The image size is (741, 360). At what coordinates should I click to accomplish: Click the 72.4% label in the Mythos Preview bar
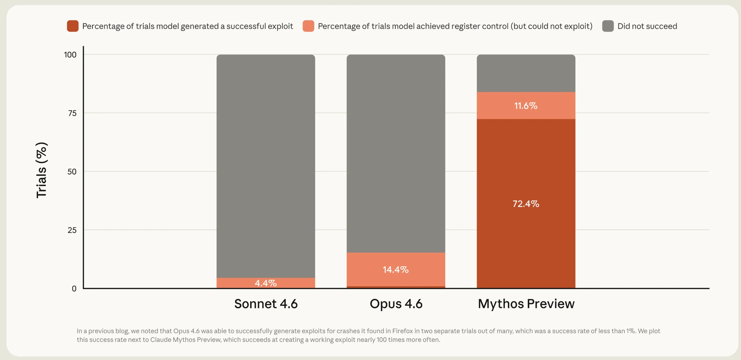click(526, 204)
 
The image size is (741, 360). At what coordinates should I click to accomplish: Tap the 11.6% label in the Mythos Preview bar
click(526, 106)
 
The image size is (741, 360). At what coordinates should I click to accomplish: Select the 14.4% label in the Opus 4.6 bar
click(396, 270)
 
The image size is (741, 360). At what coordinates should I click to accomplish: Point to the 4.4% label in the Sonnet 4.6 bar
click(266, 283)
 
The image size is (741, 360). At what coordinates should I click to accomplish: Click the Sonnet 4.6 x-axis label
click(266, 304)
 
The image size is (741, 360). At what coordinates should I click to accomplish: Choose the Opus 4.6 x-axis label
click(396, 304)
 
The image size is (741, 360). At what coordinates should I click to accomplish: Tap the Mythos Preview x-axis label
click(526, 304)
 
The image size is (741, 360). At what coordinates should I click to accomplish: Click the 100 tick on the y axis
click(70, 55)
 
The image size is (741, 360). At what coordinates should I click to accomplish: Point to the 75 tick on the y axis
click(72, 113)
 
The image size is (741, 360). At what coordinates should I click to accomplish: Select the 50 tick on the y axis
click(72, 172)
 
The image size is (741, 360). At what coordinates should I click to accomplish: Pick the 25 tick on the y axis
click(72, 230)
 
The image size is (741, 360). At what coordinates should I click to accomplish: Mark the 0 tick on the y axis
click(74, 289)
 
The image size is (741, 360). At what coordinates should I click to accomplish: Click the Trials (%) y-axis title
click(41, 170)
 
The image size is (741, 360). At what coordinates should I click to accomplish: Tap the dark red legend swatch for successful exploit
click(73, 26)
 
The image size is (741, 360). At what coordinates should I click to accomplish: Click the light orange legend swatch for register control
click(308, 26)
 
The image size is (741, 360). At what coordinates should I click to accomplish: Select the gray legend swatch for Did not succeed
click(608, 26)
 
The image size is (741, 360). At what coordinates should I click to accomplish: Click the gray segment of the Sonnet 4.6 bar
click(266, 166)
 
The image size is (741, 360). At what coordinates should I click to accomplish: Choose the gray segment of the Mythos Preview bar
click(526, 73)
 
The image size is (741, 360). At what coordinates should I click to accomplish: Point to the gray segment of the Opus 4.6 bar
click(396, 153)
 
